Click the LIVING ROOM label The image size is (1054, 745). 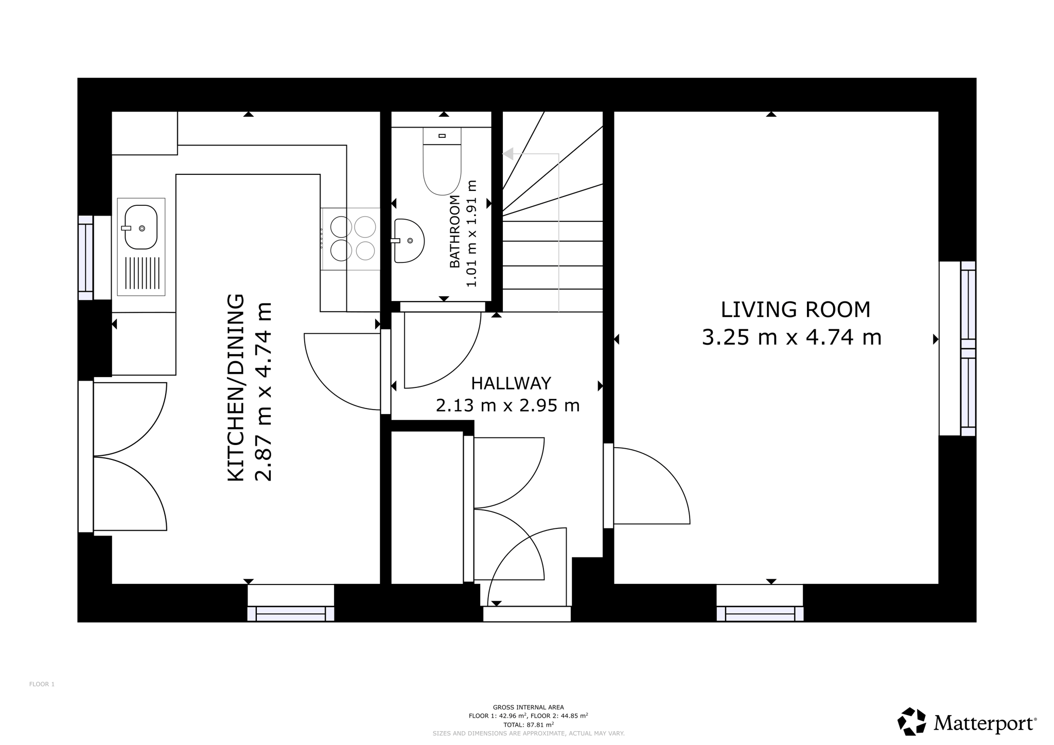tap(795, 310)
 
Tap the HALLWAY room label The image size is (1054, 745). tap(511, 383)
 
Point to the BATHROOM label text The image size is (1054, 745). tap(454, 232)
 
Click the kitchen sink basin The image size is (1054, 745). tap(140, 227)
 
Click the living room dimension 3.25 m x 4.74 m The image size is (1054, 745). tap(792, 338)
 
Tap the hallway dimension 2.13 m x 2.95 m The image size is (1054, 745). tap(507, 405)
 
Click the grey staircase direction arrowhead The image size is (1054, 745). tap(508, 153)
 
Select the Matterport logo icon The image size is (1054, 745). tap(912, 721)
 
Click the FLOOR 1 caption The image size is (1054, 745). tap(42, 684)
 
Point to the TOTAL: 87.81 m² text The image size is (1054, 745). tap(529, 724)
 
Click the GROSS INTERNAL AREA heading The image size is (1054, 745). tap(529, 707)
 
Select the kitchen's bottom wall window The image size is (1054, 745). tap(291, 614)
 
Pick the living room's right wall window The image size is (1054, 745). tap(968, 348)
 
